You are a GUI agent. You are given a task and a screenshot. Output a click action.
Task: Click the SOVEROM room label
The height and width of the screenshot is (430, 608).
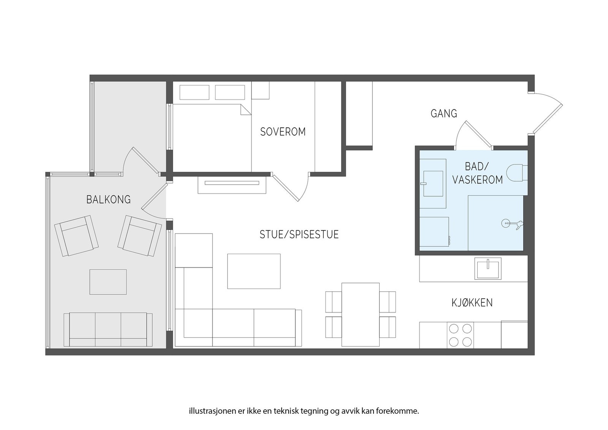point(283,132)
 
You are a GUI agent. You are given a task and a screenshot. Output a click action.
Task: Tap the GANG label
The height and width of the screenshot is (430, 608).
point(444,114)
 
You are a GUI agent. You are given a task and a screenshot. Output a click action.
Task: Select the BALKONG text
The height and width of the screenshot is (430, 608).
point(109,200)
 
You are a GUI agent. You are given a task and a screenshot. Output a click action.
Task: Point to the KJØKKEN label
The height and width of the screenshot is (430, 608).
point(472,303)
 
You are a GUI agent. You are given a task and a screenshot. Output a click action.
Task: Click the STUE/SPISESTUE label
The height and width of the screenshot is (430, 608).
point(299,235)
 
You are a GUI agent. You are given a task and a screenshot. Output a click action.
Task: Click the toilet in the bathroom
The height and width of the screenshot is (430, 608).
point(517,173)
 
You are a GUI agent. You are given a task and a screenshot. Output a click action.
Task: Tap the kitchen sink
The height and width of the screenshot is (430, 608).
point(488,269)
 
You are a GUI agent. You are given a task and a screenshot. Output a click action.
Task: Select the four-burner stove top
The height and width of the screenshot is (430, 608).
point(460,335)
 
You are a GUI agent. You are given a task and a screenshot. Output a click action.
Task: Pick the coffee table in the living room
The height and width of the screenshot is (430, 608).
point(254,271)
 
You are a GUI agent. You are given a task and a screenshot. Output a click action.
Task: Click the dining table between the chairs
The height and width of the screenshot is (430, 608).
point(361,315)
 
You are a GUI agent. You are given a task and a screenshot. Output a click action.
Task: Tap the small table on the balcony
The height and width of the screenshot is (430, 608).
point(108,282)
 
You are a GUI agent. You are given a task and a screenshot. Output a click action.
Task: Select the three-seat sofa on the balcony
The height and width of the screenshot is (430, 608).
point(108,330)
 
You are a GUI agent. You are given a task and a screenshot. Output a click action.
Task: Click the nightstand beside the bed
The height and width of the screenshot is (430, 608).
point(260,90)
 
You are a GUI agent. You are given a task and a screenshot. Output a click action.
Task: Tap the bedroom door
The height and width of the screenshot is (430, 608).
point(290,187)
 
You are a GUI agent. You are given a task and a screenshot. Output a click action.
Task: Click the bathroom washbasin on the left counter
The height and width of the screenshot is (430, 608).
point(433,183)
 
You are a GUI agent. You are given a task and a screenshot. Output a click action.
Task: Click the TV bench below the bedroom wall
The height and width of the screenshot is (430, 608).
point(232,185)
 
